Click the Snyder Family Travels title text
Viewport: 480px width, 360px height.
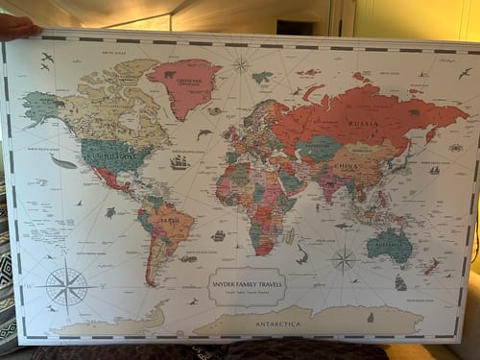(x=246, y=282)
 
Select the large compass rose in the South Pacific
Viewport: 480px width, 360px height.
(x=66, y=285)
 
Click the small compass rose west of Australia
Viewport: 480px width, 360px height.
(x=343, y=258)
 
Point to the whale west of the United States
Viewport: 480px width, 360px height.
(x=63, y=162)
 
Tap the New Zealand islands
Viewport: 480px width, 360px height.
(x=433, y=266)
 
